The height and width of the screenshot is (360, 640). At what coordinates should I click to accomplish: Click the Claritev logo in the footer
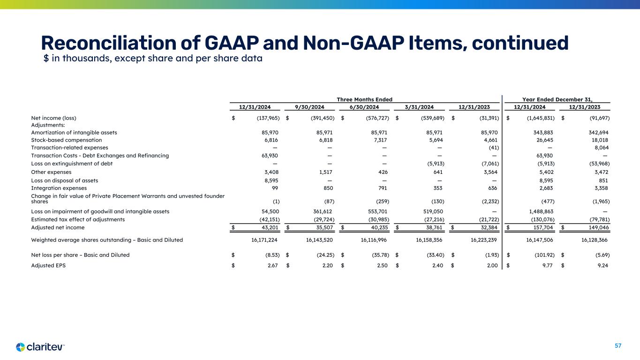[40, 347]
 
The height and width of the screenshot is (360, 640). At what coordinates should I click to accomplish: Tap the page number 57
[618, 346]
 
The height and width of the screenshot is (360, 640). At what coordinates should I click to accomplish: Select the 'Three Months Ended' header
[364, 99]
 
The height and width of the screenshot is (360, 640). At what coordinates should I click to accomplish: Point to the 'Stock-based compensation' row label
[66, 140]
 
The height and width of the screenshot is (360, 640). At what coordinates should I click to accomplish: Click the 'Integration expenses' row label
[59, 188]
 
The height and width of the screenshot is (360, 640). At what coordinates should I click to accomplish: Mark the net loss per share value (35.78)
[378, 255]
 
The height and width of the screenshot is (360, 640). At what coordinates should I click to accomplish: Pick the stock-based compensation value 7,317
[380, 140]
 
